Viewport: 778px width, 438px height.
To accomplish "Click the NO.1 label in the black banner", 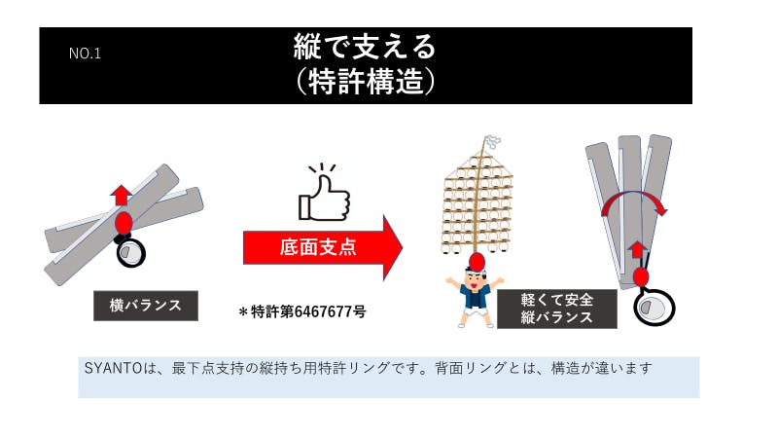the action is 85,54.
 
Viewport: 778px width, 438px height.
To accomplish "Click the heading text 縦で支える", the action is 365,47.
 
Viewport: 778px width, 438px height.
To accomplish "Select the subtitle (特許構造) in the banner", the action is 365,82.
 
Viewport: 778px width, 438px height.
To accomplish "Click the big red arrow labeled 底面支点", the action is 323,247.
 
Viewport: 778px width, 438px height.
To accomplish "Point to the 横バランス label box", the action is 146,306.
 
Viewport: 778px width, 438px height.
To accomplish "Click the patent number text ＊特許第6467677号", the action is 302,311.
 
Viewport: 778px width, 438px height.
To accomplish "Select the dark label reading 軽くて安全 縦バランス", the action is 557,309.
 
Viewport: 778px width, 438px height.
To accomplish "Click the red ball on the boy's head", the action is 477,261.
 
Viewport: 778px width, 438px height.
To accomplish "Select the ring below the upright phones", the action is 654,307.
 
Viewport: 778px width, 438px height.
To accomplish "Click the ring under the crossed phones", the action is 131,253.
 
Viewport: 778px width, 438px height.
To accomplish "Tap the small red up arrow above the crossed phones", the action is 121,196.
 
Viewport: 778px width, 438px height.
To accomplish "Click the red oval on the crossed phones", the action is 124,223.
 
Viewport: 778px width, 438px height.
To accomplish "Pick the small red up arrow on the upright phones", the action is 638,250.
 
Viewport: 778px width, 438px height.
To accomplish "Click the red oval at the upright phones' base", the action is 641,277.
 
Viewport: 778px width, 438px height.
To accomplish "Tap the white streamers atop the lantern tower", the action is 492,142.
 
